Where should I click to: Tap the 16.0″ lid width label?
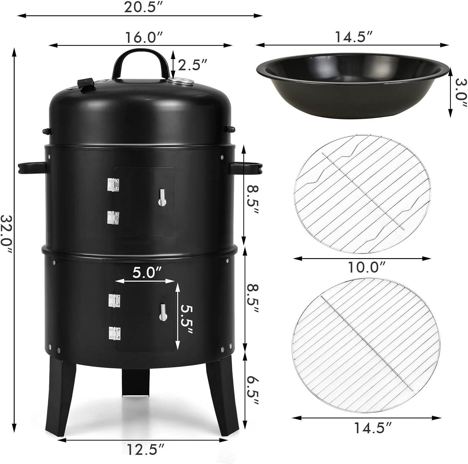click(x=144, y=37)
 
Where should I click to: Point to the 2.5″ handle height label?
click(x=192, y=65)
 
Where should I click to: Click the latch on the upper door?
click(x=162, y=198)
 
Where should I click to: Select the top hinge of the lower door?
click(x=114, y=300)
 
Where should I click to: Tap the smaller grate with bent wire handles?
click(x=362, y=194)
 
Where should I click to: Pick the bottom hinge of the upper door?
click(x=113, y=218)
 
